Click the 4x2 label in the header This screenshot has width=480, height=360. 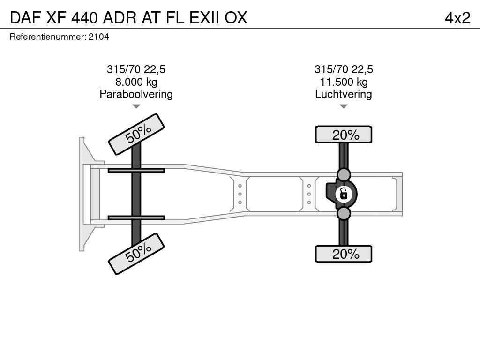coord(457,18)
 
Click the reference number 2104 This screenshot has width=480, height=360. coord(98,37)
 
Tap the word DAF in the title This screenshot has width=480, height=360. coord(25,18)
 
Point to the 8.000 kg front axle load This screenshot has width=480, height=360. coord(136,82)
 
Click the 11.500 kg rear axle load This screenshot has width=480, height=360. coord(344,82)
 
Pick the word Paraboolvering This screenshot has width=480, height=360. coord(136,94)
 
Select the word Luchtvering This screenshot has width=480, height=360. coord(344,94)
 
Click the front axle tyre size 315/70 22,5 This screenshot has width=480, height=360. coord(136,69)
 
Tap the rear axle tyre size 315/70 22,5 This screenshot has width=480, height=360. coord(344,69)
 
